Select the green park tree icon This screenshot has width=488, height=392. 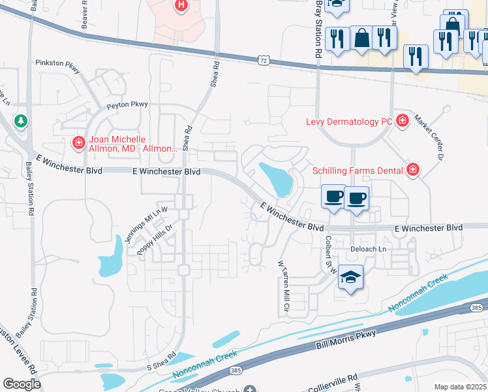tap(21, 121)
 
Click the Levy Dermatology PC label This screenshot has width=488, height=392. tap(349, 122)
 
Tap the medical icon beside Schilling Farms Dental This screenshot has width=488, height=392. tap(412, 171)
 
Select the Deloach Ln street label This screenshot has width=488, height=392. tap(369, 249)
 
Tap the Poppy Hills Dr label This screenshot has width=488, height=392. tap(155, 241)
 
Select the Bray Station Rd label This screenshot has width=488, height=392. tap(319, 29)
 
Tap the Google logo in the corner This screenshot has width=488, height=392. tap(22, 384)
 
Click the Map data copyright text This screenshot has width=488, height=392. tap(460, 387)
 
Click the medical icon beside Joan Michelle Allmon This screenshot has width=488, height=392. tap(78, 142)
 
